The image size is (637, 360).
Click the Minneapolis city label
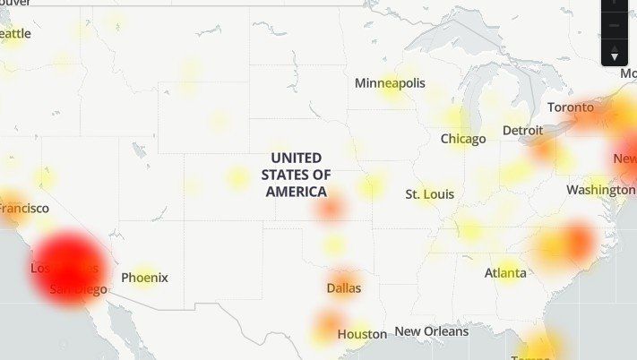point(390,83)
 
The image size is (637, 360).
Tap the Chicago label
point(463,139)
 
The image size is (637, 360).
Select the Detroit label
point(522,131)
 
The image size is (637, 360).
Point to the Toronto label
point(571,107)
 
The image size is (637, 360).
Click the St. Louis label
point(429,194)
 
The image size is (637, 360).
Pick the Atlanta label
point(505,272)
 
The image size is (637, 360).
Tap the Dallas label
point(344,288)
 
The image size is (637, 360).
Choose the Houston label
point(362,334)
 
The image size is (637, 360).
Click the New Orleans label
point(431,331)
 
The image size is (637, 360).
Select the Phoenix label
point(144,278)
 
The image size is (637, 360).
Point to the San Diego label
point(78,289)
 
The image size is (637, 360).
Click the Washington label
point(600,190)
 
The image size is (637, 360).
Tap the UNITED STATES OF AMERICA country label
point(296,175)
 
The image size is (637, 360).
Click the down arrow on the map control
point(615,56)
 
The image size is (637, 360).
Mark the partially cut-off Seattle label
point(15,33)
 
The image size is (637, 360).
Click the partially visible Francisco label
point(23,208)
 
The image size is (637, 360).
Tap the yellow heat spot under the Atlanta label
point(508,270)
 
